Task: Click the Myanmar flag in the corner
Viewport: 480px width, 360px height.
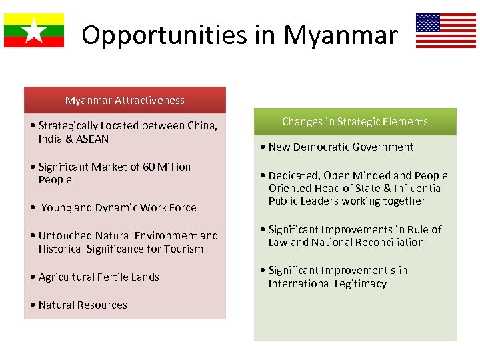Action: click(34, 31)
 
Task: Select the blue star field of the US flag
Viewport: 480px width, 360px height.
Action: click(427, 23)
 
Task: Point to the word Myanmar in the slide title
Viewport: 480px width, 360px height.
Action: click(341, 35)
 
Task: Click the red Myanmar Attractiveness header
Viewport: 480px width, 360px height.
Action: click(125, 100)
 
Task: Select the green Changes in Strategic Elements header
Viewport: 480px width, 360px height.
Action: click(355, 121)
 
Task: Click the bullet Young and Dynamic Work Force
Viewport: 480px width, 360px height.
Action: click(118, 207)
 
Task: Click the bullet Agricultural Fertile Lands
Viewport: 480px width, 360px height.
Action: click(98, 277)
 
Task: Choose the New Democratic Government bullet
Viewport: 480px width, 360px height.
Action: click(341, 147)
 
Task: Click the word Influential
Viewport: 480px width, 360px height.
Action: click(420, 188)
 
